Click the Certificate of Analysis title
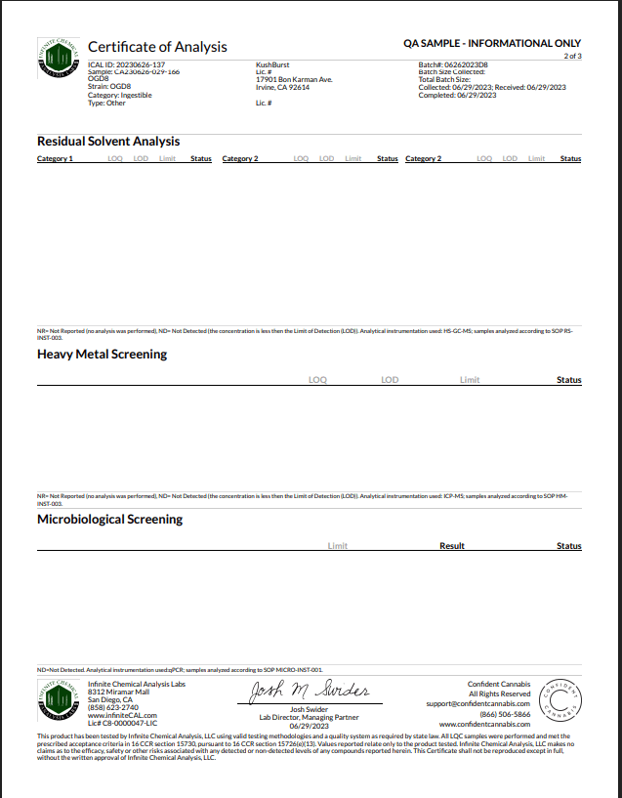157,47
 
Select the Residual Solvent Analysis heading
108,142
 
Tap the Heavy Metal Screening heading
102,355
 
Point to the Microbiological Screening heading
109,520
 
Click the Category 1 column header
55,158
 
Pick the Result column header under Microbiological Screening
452,546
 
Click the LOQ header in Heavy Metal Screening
317,380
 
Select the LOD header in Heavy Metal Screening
390,380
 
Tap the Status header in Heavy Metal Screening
568,380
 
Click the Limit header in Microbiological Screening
338,546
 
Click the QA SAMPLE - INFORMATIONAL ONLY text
492,44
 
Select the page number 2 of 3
572,56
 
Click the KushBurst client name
271,64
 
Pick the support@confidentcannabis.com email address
477,703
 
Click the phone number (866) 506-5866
505,714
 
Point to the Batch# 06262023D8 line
453,64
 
